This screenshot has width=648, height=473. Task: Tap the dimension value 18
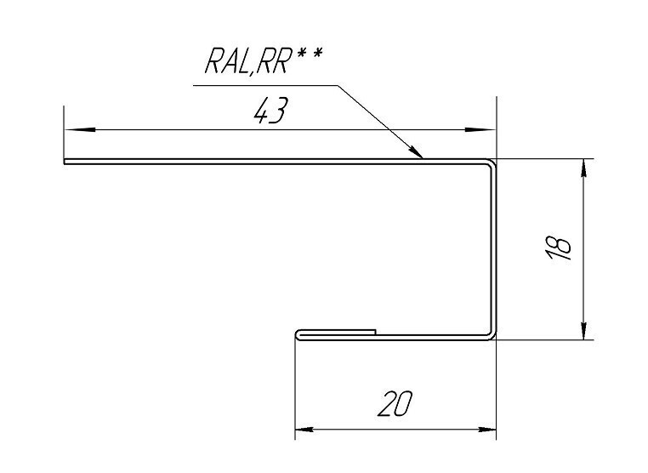coord(559,248)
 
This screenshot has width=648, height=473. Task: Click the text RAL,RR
coord(247,61)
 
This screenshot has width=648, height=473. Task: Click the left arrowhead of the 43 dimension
coord(81,130)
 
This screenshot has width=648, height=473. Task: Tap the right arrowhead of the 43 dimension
coord(480,130)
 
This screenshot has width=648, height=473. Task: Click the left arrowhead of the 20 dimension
coord(304,430)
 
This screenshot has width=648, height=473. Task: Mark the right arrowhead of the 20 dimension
coord(486,430)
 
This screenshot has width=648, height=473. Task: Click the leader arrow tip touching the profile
coord(423,158)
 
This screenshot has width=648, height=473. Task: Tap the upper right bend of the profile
coord(492,162)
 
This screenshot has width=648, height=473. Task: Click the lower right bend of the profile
coord(492,335)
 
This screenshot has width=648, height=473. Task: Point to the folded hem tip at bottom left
coord(297,335)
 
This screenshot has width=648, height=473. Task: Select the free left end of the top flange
coord(65,162)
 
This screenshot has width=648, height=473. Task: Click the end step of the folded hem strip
coord(375,332)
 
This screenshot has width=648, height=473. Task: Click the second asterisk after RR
coord(316,54)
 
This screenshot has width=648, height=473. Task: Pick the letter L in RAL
coord(242,61)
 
